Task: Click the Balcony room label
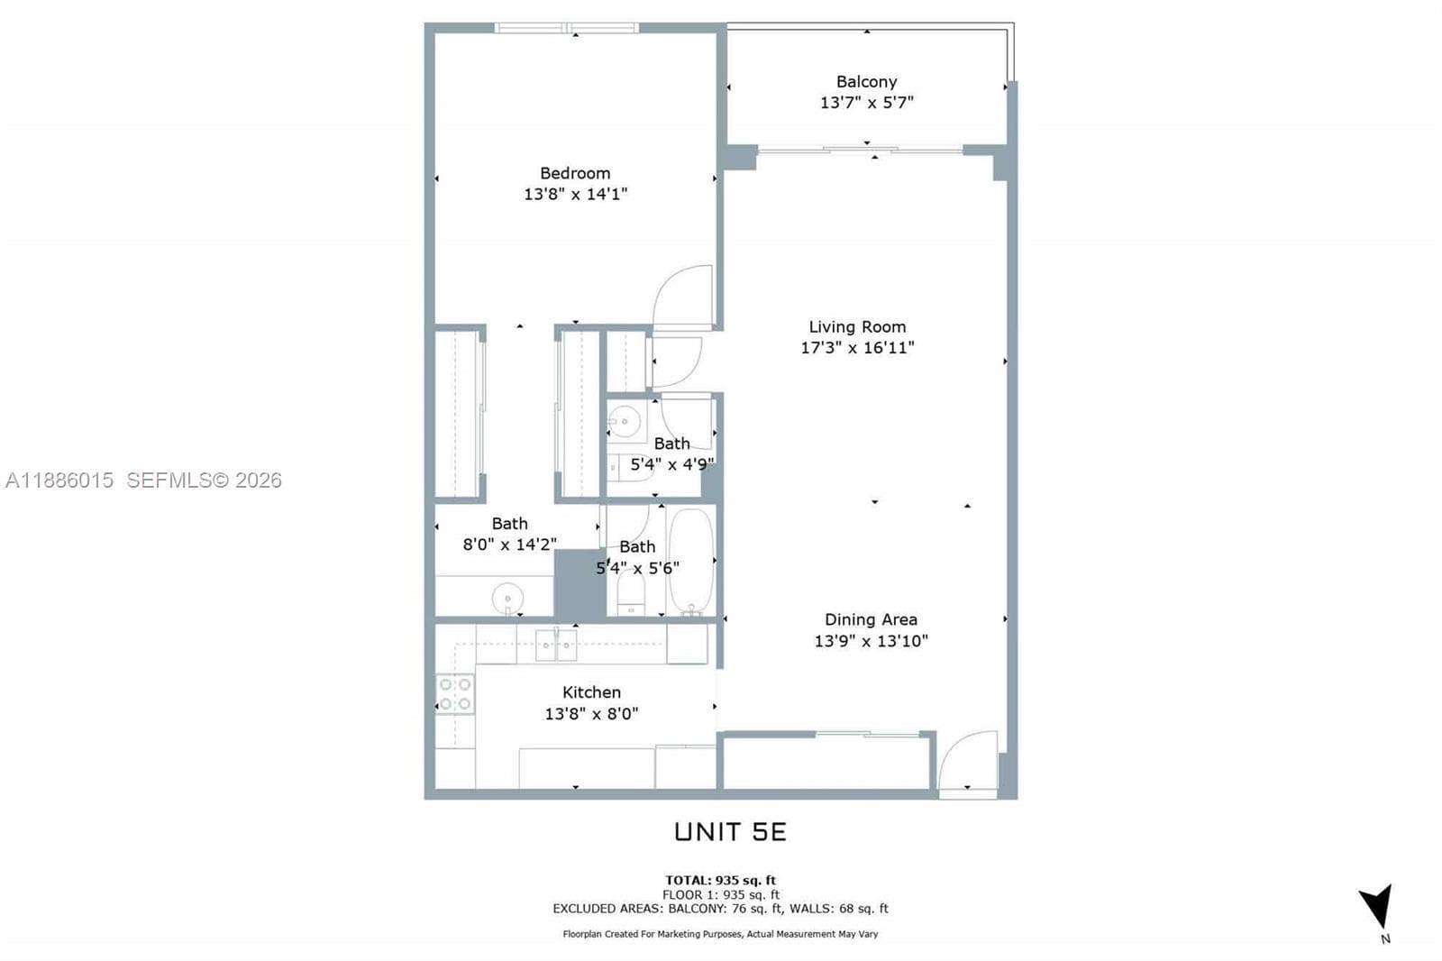click(866, 82)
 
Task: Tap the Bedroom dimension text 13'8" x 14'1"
click(576, 194)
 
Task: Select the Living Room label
click(857, 327)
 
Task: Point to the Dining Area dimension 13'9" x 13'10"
click(871, 641)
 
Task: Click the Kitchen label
click(591, 692)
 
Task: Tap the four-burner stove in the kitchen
click(455, 693)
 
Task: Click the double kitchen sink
click(556, 645)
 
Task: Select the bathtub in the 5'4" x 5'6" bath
click(691, 561)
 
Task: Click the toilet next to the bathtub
click(631, 593)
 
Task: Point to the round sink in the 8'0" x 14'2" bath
click(507, 599)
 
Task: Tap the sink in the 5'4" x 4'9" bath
click(624, 422)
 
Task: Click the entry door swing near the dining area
click(968, 760)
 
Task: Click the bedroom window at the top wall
click(567, 28)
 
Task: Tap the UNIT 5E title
click(730, 832)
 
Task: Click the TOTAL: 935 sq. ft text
click(720, 880)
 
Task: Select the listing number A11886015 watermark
click(59, 480)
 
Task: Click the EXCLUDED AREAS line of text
click(720, 909)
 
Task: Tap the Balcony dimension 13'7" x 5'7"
click(866, 103)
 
